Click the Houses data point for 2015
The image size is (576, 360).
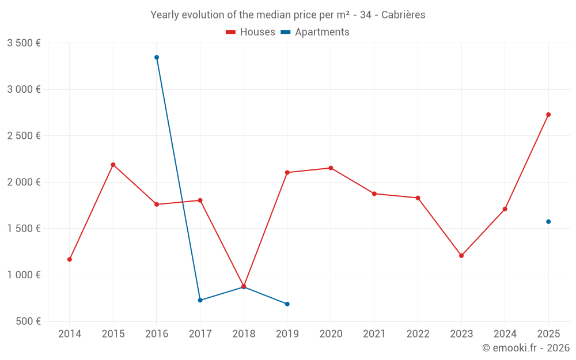113,165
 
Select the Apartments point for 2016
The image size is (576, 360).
157,58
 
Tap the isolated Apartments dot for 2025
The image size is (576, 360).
548,222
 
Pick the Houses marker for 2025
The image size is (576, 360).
548,115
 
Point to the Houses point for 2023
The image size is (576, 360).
461,256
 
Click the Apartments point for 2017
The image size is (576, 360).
200,300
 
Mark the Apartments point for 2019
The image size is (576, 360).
287,304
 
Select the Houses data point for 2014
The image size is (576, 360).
70,259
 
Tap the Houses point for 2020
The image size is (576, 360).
331,168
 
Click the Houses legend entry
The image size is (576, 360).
251,32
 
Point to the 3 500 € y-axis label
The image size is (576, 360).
24,43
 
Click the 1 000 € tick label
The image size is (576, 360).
24,275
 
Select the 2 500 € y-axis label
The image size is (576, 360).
24,136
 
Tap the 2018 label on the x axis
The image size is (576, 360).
244,334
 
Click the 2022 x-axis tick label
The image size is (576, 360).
418,334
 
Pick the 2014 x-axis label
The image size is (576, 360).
70,334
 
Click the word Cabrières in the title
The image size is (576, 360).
403,15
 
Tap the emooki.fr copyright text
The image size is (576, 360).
525,348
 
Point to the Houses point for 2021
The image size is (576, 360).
374,194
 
